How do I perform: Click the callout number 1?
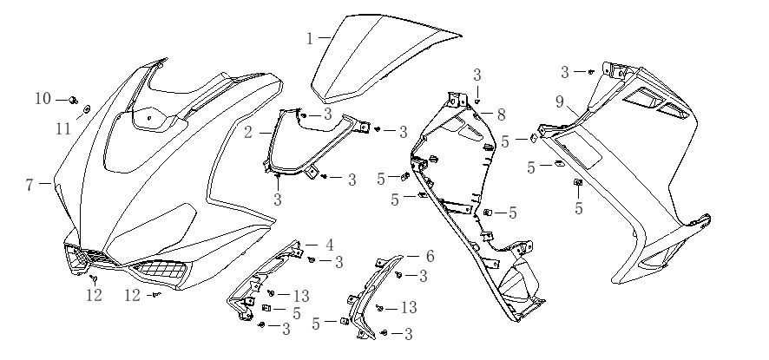click(309, 38)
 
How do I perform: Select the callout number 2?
click(248, 133)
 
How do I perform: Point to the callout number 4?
click(329, 245)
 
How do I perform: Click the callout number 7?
click(29, 184)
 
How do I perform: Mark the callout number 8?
click(501, 114)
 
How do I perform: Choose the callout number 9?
click(560, 102)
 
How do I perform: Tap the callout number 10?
click(43, 99)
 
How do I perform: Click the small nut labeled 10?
click(72, 100)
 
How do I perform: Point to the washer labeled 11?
click(87, 110)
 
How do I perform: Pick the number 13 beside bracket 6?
click(407, 308)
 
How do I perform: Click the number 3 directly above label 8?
click(477, 75)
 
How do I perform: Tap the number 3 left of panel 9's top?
click(565, 72)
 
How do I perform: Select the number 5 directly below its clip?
click(579, 208)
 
